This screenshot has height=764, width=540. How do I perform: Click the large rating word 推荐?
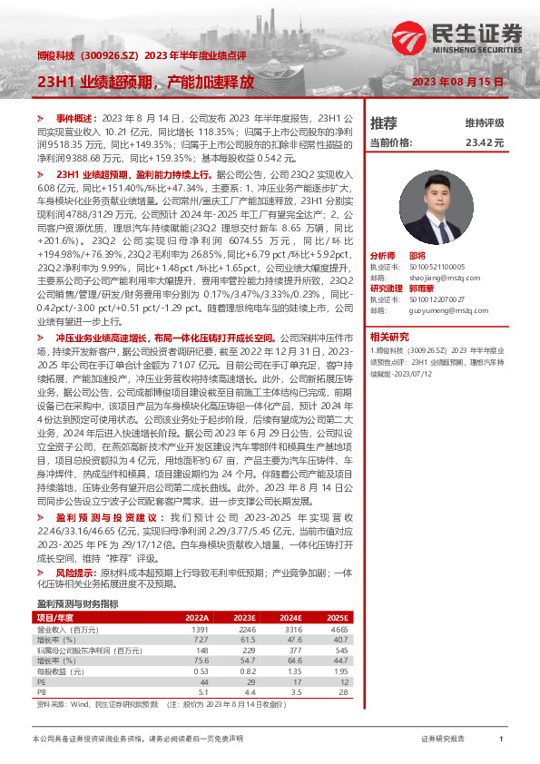tap(383, 122)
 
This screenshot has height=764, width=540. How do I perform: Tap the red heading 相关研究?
tap(389, 336)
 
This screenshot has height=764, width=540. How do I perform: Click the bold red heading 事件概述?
tap(75, 119)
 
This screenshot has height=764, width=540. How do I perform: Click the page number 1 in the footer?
tap(500, 740)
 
